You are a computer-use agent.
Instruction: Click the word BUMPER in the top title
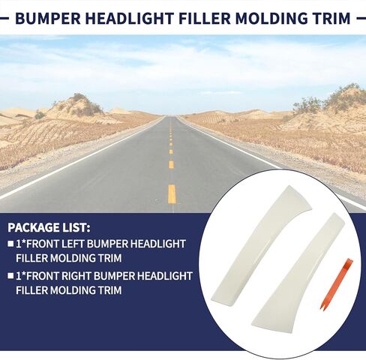(x=48, y=18)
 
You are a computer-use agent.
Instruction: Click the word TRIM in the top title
(x=334, y=18)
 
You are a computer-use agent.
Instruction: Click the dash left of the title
(x=4, y=18)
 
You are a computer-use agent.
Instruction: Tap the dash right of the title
(x=361, y=18)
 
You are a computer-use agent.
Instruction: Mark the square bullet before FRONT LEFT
(x=10, y=244)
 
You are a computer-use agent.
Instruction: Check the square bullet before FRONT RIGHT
(x=10, y=276)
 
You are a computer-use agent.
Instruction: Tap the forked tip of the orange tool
(x=322, y=307)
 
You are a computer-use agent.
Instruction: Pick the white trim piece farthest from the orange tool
(x=260, y=244)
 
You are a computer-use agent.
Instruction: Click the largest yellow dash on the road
(x=172, y=194)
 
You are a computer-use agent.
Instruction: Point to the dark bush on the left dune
(x=40, y=115)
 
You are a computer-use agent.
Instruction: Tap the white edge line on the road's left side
(x=81, y=159)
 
